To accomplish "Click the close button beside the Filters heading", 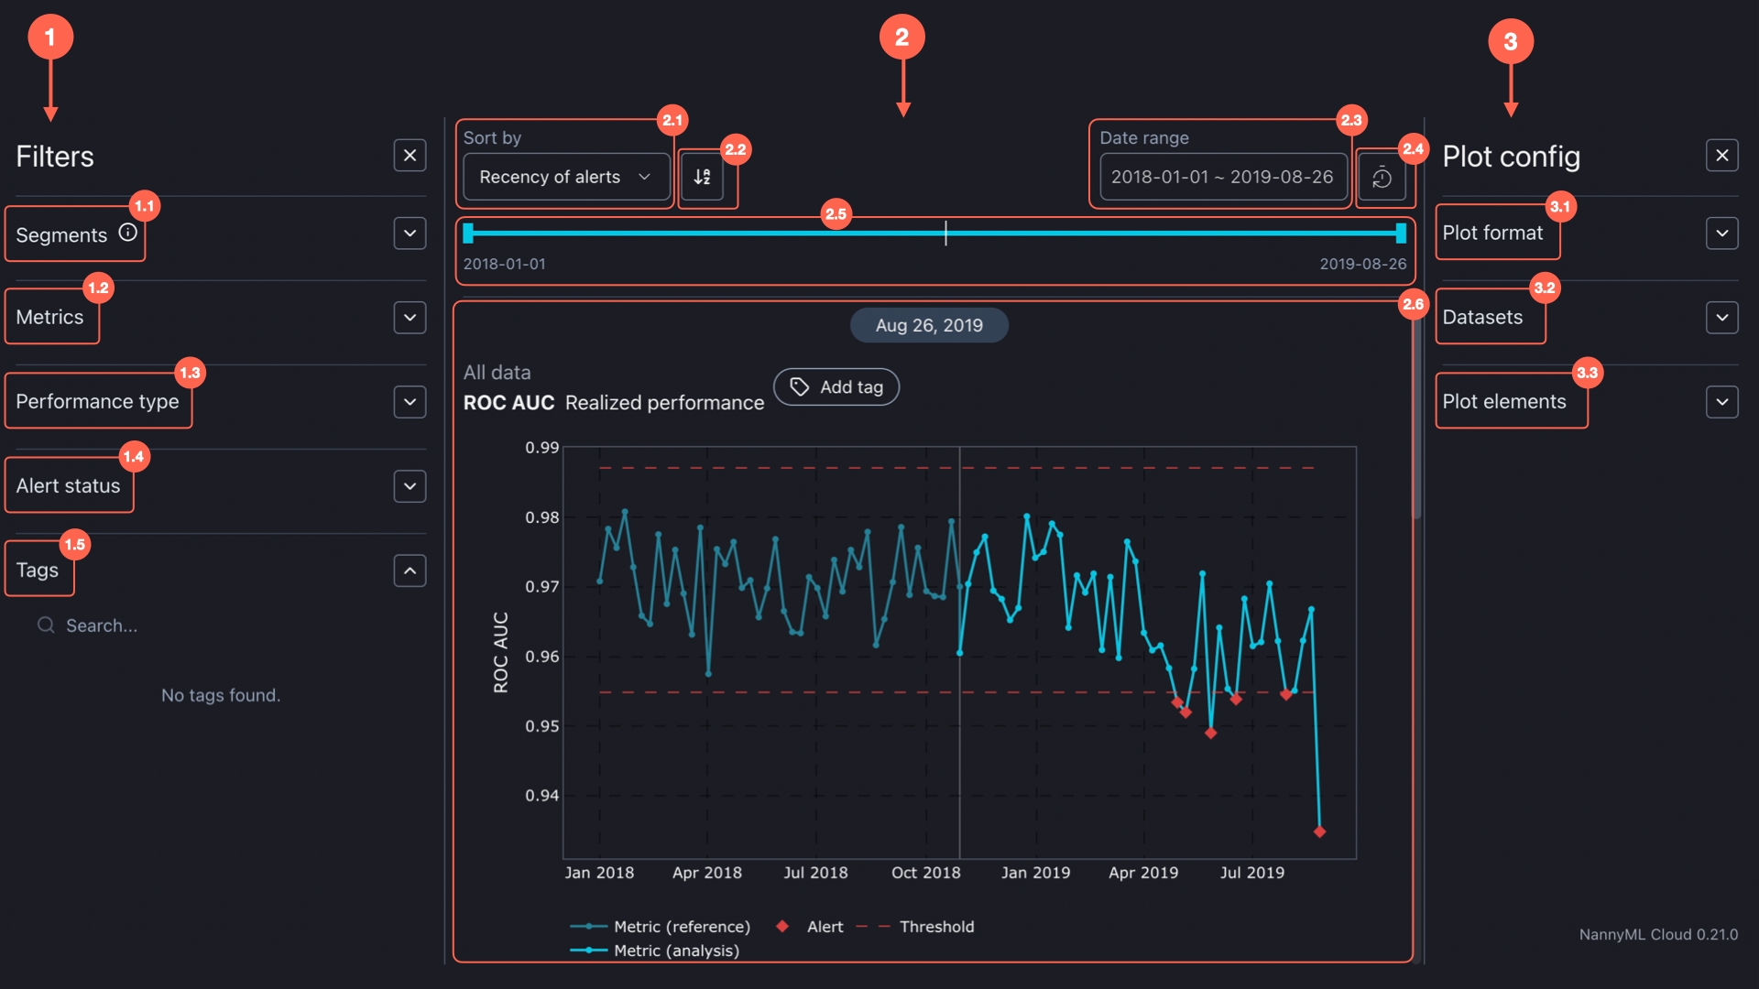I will tap(410, 156).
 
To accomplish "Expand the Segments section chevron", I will tap(410, 234).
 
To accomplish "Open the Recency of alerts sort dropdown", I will tap(565, 177).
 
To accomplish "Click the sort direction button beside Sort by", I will tap(703, 177).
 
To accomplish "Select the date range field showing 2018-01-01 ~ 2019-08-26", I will tap(1222, 177).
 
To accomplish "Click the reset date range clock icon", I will tap(1382, 178).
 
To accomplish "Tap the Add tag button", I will tap(836, 387).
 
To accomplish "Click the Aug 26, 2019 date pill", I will tap(929, 325).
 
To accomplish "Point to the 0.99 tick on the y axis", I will tap(541, 448).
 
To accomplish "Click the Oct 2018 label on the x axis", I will tap(925, 873).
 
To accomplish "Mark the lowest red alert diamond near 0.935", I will tap(1319, 831).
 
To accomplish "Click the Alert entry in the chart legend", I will tap(825, 927).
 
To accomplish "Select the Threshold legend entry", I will tap(936, 927).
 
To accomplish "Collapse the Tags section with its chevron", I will tap(410, 571).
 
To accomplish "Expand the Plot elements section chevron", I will tap(1721, 402).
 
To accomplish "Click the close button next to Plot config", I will tap(1721, 156).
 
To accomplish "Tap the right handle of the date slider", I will tap(1401, 234).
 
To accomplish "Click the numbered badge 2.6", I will tap(1413, 304).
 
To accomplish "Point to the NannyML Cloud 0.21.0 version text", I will tap(1657, 934).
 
